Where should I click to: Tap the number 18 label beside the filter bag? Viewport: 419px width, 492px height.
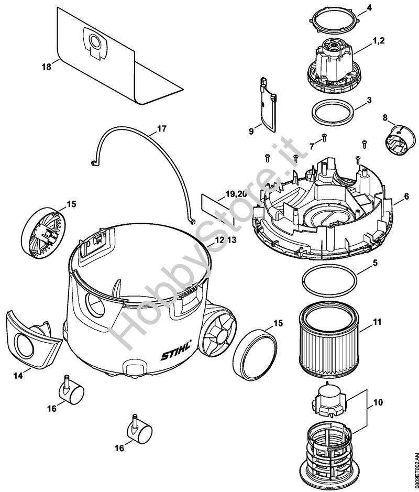(46, 67)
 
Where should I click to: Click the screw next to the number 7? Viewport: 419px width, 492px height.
(324, 137)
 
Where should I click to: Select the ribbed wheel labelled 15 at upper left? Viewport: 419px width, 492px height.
(45, 230)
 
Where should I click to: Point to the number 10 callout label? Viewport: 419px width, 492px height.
(378, 403)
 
